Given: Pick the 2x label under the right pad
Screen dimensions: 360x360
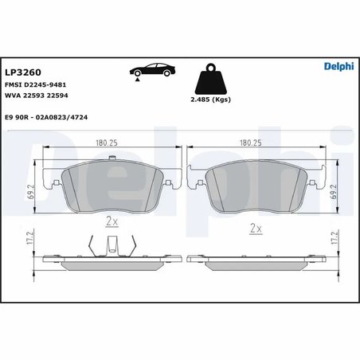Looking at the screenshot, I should [x=256, y=229].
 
